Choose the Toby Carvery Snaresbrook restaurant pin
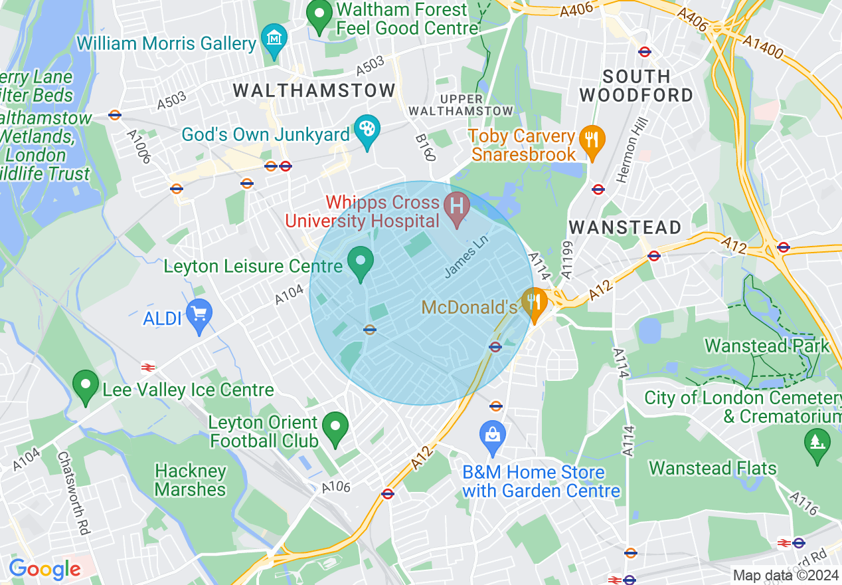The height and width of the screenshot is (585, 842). click(590, 140)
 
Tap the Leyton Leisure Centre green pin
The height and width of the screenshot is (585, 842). click(361, 261)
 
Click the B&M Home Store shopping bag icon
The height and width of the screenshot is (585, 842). click(493, 435)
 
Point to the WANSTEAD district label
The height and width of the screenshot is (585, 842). click(625, 227)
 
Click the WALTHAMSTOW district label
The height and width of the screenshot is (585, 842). click(314, 90)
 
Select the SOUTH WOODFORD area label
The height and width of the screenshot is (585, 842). click(635, 86)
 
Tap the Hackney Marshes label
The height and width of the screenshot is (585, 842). click(190, 480)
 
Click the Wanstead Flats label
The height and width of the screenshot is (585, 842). click(713, 468)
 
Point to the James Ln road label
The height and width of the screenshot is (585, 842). click(466, 259)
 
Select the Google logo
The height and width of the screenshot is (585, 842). click(44, 569)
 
